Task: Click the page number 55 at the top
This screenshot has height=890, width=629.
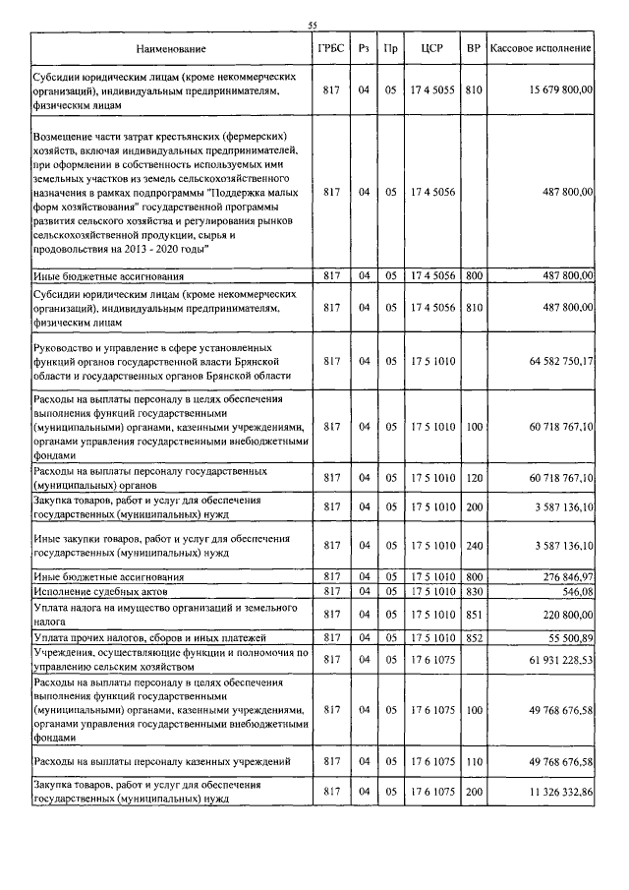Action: click(x=313, y=26)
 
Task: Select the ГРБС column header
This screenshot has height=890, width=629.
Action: click(x=330, y=47)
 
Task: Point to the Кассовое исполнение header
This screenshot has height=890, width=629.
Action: click(x=541, y=47)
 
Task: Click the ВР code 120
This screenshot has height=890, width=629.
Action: click(x=474, y=478)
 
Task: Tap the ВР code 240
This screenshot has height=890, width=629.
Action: click(x=474, y=545)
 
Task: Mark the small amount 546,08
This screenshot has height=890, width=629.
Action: click(x=577, y=592)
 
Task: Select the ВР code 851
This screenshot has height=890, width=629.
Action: click(x=474, y=614)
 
